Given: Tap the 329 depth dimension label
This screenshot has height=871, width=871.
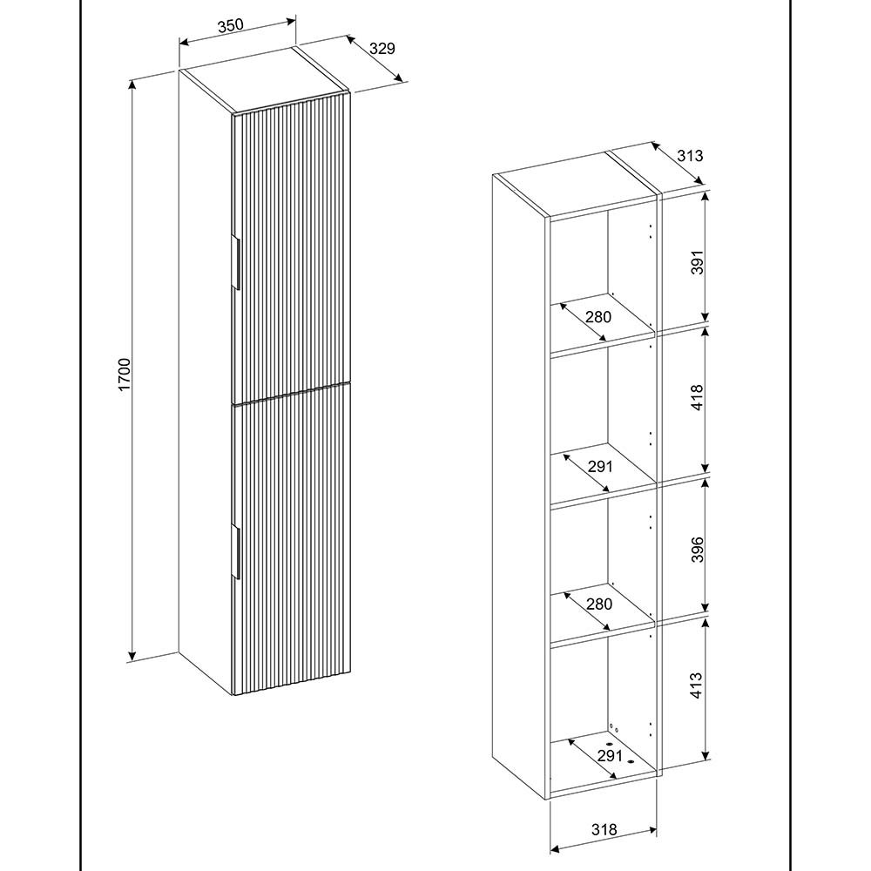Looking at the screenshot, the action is (x=382, y=48).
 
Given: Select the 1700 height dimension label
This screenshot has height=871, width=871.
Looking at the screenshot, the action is (x=124, y=375).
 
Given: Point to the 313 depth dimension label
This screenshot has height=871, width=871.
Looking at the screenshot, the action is (x=690, y=156).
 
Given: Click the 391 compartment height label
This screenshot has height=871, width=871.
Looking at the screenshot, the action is (x=697, y=262).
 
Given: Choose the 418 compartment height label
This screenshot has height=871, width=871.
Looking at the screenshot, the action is (x=697, y=397).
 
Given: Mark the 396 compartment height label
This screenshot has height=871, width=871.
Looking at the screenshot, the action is (x=697, y=550).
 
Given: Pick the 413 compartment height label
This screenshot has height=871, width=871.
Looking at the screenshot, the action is (x=697, y=685).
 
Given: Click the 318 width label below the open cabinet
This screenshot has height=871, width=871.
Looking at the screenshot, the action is (x=604, y=830).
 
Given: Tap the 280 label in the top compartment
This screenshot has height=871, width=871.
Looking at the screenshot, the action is (x=598, y=317).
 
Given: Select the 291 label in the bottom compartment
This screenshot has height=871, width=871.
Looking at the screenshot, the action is (x=610, y=755).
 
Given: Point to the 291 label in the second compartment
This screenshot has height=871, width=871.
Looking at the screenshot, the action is (x=600, y=467).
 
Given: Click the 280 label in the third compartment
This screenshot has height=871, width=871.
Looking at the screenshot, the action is (x=599, y=604).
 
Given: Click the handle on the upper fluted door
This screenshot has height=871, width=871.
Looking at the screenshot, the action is (x=235, y=262).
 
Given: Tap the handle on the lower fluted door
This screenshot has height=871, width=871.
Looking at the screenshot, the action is (x=235, y=552).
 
